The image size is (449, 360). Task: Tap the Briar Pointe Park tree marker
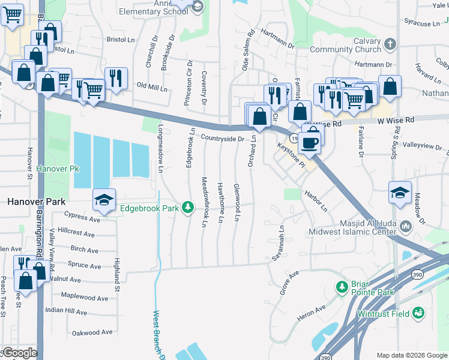coord(342,287)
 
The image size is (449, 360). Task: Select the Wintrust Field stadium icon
coord(418,313)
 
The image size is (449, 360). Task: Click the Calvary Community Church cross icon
coord(390,44)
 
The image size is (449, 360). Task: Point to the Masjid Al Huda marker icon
coord(405,226)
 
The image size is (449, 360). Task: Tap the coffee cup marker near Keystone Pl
coord(310,143)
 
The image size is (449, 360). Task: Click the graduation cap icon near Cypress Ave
coord(104,200)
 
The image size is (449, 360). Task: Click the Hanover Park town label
coord(32,202)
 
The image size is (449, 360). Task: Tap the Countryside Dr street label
coord(222,139)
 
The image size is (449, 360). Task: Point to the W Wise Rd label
coord(396,121)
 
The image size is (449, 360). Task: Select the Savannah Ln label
coord(281,239)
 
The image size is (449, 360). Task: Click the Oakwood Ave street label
coord(92,332)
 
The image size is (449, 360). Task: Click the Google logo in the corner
coord(19,353)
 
